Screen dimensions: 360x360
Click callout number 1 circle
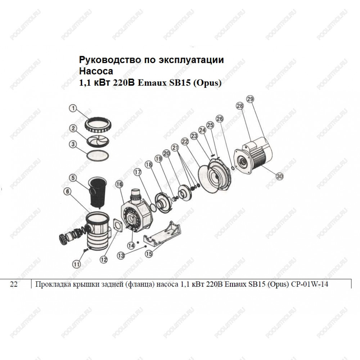tap(73, 108)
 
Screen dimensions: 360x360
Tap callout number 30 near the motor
tap(279, 176)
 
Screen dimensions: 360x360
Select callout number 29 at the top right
tap(250, 99)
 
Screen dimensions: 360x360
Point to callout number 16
tap(120, 184)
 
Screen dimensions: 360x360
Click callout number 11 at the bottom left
tap(76, 264)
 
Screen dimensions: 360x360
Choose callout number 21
tap(175, 148)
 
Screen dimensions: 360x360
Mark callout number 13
tap(121, 256)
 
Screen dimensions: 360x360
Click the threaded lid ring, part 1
tap(98, 126)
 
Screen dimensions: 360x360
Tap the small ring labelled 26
tap(232, 168)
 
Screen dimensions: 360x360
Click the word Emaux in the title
tap(152, 83)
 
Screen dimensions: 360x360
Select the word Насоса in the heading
tap(96, 71)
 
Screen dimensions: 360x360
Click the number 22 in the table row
tap(14, 284)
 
